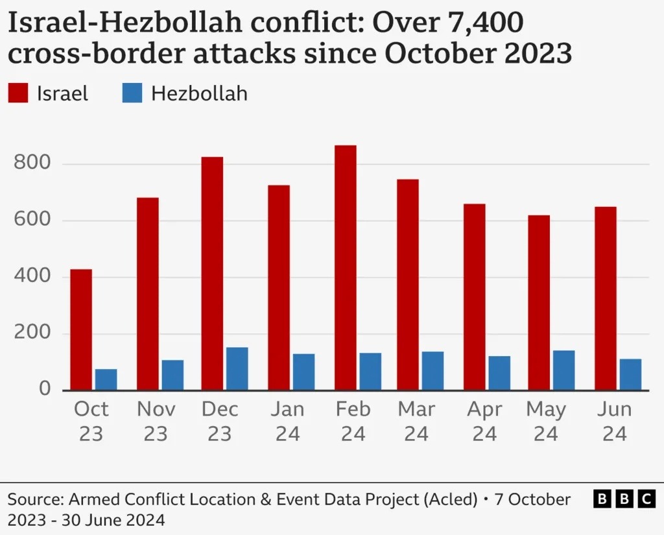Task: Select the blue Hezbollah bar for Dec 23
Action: [x=237, y=368]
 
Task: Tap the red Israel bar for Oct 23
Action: [x=81, y=329]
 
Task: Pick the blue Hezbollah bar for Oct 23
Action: [x=106, y=379]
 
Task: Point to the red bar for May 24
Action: [x=539, y=302]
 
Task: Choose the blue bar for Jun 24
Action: [x=630, y=374]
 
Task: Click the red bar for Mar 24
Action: [x=408, y=285]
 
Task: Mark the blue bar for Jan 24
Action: [x=303, y=372]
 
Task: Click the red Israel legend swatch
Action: [x=18, y=93]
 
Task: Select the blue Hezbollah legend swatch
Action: [x=132, y=93]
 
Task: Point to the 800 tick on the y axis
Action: [x=32, y=163]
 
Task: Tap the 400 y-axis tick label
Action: [x=32, y=277]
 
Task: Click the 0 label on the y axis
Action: [x=44, y=389]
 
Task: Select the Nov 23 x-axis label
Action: [x=156, y=422]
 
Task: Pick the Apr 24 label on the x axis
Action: [x=484, y=422]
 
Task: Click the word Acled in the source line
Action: [x=451, y=499]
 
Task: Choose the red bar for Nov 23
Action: [x=148, y=294]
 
